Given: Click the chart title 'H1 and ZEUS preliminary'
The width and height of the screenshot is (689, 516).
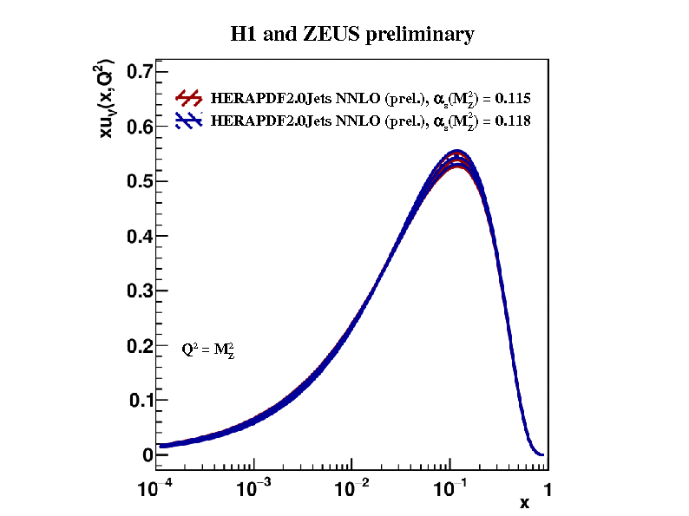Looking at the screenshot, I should click(351, 35).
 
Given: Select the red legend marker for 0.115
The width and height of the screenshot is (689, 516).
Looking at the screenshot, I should click(189, 97).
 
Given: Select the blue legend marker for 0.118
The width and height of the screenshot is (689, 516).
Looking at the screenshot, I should click(189, 121).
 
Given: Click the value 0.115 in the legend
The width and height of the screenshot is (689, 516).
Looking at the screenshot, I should click(513, 98).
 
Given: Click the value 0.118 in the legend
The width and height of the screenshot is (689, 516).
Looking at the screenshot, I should click(513, 121).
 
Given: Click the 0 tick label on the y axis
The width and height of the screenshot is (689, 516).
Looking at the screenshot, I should click(148, 455).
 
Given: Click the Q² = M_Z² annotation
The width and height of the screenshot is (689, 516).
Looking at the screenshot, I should click(208, 350).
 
